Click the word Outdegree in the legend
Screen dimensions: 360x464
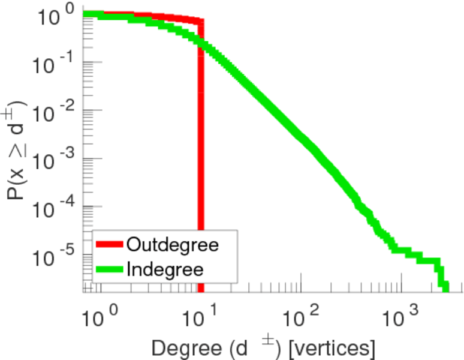(173, 245)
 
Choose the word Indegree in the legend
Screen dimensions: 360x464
(165, 269)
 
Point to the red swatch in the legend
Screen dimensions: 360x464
(110, 245)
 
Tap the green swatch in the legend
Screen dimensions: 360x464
(110, 269)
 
